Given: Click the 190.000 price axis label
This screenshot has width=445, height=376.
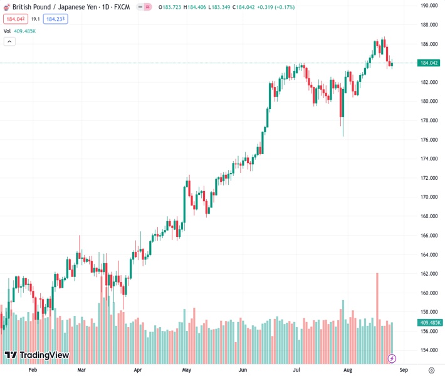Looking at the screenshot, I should pyautogui.click(x=429, y=5).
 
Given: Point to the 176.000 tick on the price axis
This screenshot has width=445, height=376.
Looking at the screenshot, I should pyautogui.click(x=429, y=140).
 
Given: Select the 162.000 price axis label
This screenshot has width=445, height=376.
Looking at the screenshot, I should pyautogui.click(x=429, y=274).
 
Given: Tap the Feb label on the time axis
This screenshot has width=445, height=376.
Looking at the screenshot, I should pyautogui.click(x=33, y=370).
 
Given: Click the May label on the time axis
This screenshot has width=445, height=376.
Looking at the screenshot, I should pyautogui.click(x=186, y=370).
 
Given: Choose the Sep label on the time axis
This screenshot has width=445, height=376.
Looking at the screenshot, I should pyautogui.click(x=404, y=370).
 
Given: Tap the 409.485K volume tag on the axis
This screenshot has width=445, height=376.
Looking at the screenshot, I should pyautogui.click(x=429, y=323).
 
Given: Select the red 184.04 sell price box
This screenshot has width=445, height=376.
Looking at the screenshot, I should pyautogui.click(x=15, y=19).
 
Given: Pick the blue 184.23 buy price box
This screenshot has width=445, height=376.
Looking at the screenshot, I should pyautogui.click(x=56, y=19).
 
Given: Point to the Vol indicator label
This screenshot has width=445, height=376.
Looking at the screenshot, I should pyautogui.click(x=7, y=31).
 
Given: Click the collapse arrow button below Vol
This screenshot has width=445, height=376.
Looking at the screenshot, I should pyautogui.click(x=9, y=41).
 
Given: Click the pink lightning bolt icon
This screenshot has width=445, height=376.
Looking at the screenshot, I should pyautogui.click(x=392, y=358).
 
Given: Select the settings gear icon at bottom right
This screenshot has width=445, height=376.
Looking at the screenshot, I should pyautogui.click(x=432, y=370).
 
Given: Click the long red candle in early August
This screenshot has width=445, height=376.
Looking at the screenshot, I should pyautogui.click(x=342, y=103).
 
